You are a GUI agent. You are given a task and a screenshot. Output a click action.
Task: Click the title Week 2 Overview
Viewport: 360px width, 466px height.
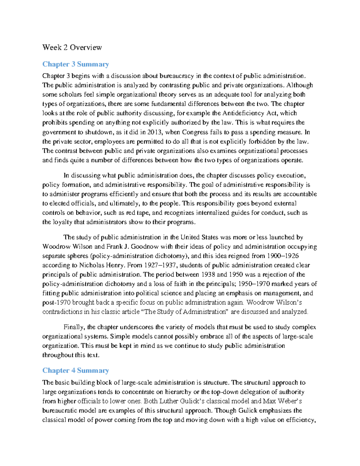tap(72, 47)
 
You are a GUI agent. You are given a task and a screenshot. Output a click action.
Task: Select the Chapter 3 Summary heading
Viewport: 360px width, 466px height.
tap(75, 64)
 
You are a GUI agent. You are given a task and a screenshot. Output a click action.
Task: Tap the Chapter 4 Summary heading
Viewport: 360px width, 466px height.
tap(75, 371)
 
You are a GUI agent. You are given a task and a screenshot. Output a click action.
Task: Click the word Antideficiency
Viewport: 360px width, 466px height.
tap(243, 113)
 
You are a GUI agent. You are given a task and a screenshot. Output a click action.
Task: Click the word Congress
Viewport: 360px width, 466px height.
tap(195, 132)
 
